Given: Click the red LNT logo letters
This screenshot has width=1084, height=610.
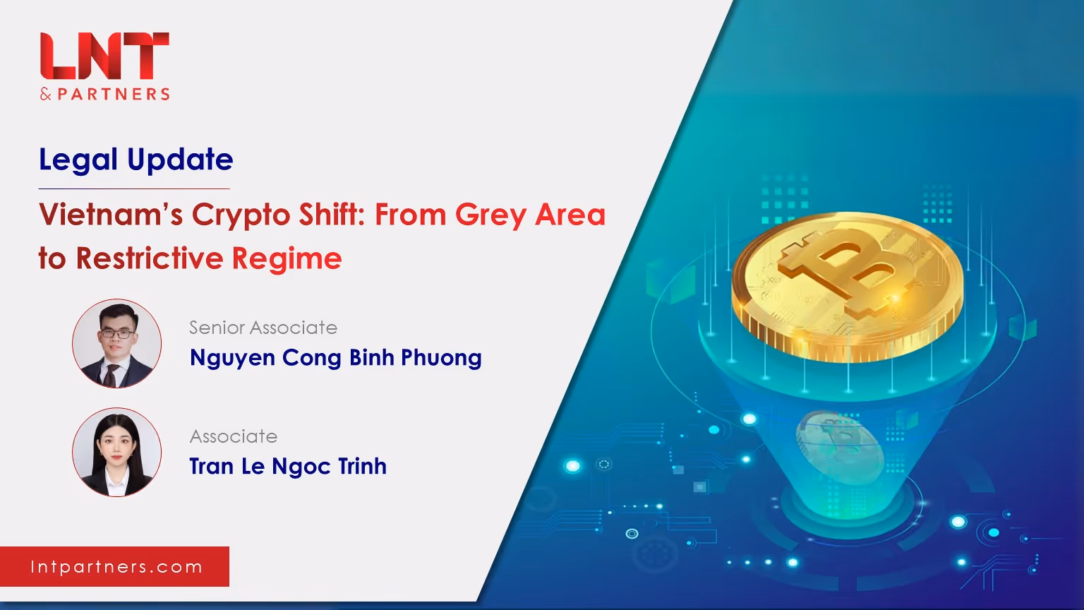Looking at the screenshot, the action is coord(104,56).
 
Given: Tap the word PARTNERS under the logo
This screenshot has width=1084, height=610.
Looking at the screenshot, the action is coord(114,94).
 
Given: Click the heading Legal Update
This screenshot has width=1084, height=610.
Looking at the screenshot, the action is coord(136,160).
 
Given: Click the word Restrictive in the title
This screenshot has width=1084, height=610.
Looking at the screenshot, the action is coord(150,258).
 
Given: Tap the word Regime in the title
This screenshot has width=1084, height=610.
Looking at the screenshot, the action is coord(287,260).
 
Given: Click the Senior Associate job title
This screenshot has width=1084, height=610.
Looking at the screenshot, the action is coord(263,328).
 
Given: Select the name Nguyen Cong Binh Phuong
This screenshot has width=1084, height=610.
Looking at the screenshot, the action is coord(336,359).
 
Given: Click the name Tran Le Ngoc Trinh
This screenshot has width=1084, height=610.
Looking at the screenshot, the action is coord(288,467).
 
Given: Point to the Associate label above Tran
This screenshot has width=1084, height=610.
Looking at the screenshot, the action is coord(234,436).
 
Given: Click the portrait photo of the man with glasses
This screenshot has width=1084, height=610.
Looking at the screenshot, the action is coord(116,343).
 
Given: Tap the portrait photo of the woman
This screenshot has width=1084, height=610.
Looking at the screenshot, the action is coord(116,452).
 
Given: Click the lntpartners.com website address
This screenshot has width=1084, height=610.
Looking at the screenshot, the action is coord(116,567).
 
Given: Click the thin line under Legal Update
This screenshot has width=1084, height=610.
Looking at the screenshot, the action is coord(134,189).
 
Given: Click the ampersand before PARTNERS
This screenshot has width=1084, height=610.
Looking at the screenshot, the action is coord(46,95).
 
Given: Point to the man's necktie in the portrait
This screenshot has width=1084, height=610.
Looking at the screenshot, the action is coord(112,374).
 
